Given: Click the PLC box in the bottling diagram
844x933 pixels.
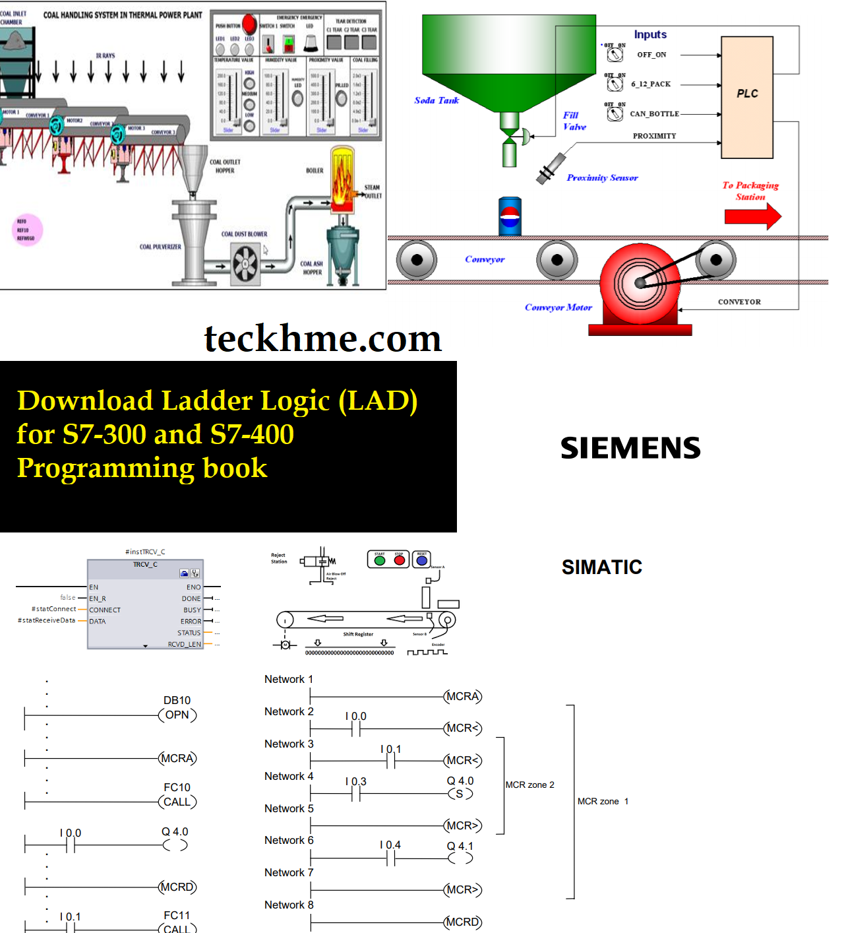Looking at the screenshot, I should tap(746, 97).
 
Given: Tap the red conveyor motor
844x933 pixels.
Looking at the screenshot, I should tap(639, 283).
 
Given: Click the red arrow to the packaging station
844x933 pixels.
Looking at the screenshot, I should tap(752, 216).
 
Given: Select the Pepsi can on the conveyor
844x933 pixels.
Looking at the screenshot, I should tap(510, 216).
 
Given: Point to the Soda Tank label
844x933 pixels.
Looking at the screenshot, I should tap(436, 100).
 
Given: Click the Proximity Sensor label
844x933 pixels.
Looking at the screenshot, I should tap(602, 177).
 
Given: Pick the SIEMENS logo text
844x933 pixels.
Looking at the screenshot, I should tap(630, 448).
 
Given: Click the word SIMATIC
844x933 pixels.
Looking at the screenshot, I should tap(601, 567).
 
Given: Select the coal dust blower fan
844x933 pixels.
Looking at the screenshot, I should tap(245, 263).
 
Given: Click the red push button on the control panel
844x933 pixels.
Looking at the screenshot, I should tap(249, 24).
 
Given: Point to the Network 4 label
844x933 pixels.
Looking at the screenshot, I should tap(289, 776).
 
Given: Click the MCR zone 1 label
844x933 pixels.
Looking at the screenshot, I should tap(603, 801).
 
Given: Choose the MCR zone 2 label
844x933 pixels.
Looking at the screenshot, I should tap(529, 785).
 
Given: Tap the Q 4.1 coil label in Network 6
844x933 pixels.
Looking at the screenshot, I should tap(460, 846).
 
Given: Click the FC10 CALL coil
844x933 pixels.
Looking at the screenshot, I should tap(177, 802).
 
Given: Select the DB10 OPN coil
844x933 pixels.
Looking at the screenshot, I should tap(177, 715).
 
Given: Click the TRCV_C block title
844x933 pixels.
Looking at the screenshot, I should tap(145, 565).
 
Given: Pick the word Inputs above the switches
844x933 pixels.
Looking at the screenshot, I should tap(650, 34).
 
